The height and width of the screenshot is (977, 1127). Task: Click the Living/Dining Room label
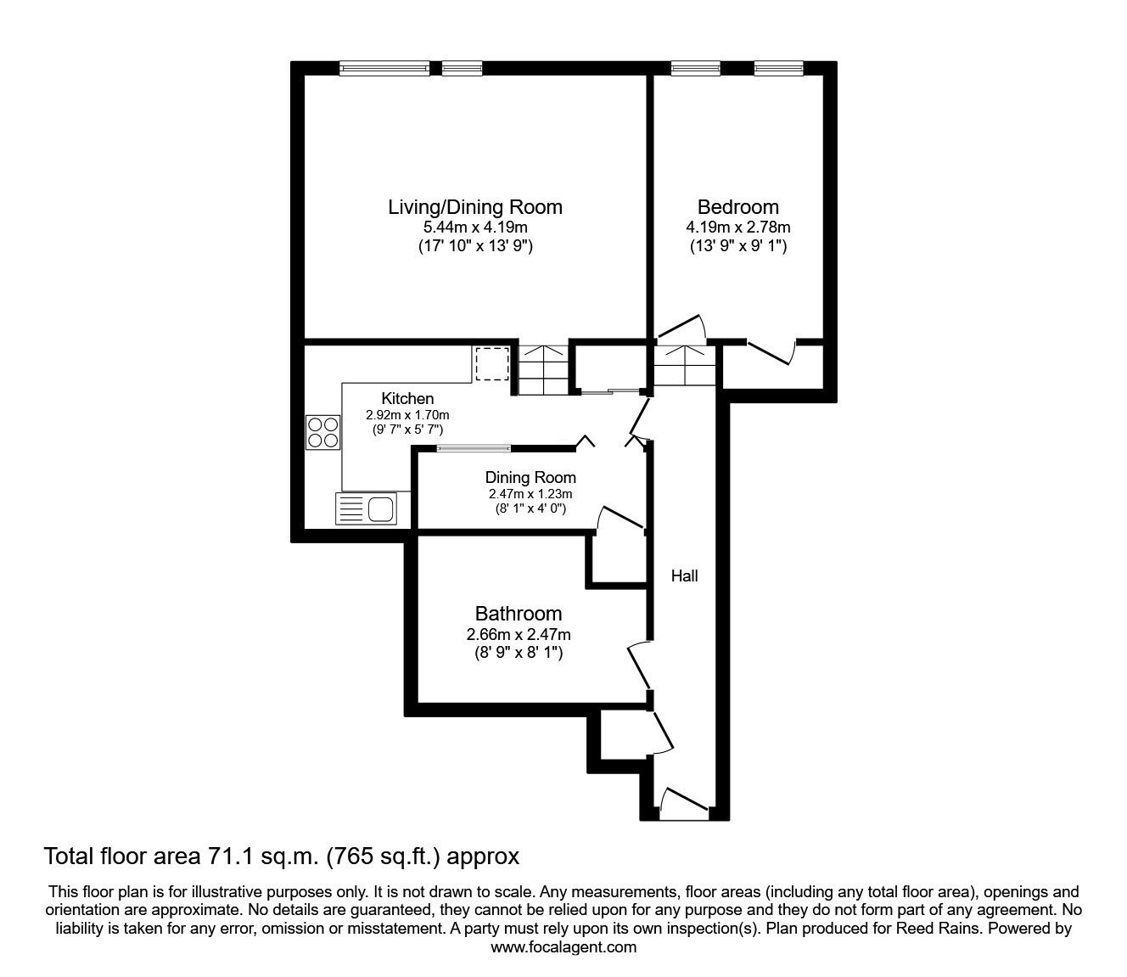(475, 207)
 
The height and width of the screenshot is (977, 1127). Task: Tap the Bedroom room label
(737, 207)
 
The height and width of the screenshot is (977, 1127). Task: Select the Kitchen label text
(407, 398)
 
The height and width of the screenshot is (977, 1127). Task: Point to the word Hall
(684, 576)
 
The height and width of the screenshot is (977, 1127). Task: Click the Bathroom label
(519, 614)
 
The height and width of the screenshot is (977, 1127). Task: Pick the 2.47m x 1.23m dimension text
(530, 494)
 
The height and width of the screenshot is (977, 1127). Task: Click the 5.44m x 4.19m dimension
(475, 227)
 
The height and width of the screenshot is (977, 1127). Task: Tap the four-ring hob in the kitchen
(322, 432)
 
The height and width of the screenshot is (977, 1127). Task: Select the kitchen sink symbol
(366, 508)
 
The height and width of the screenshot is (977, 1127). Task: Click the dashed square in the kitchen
(492, 364)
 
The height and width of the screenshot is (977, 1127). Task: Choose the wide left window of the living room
(384, 68)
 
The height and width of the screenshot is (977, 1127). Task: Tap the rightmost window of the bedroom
(778, 68)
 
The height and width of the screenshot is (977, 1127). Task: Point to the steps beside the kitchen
(542, 370)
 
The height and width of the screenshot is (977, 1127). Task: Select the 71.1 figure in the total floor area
(229, 856)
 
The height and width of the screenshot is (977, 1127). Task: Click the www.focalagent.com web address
(563, 946)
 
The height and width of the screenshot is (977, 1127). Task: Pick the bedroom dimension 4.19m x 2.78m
(737, 227)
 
